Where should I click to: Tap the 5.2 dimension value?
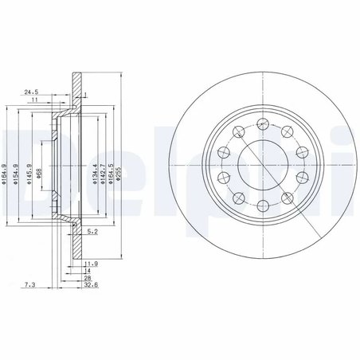tap(93, 233)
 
